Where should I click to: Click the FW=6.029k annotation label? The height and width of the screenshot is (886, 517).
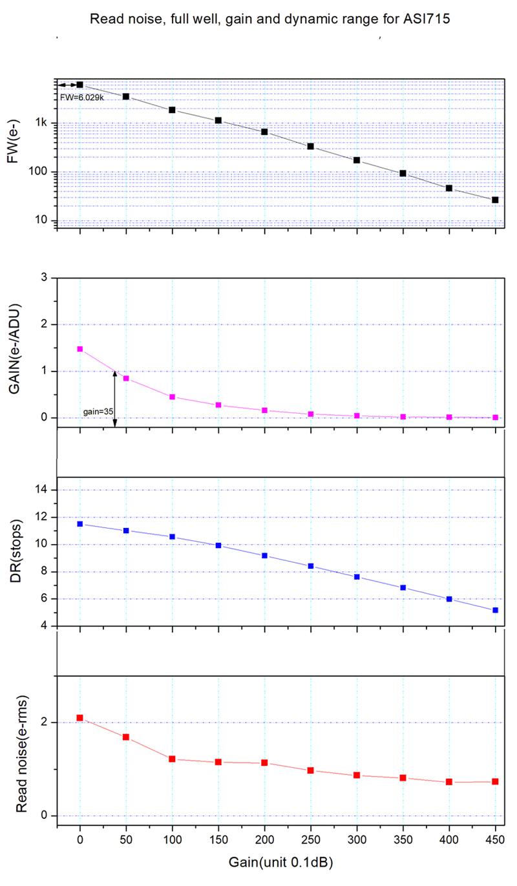(82, 98)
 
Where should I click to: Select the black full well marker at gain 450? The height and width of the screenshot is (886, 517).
(495, 200)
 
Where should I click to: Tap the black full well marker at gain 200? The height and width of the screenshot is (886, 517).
(264, 132)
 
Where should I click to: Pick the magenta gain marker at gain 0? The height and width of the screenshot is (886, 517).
(80, 349)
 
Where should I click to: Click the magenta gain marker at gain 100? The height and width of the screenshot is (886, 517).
(173, 397)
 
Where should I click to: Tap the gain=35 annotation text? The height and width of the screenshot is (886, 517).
(96, 411)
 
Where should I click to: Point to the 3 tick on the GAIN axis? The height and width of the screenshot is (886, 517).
(46, 278)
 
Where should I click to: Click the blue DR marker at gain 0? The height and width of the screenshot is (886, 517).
(80, 524)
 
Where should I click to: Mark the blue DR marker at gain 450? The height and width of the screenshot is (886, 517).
(495, 610)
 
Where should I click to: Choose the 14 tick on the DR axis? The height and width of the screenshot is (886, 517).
(43, 490)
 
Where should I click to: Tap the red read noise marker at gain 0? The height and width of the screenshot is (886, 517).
(80, 718)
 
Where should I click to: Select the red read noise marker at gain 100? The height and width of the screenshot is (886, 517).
(173, 759)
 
